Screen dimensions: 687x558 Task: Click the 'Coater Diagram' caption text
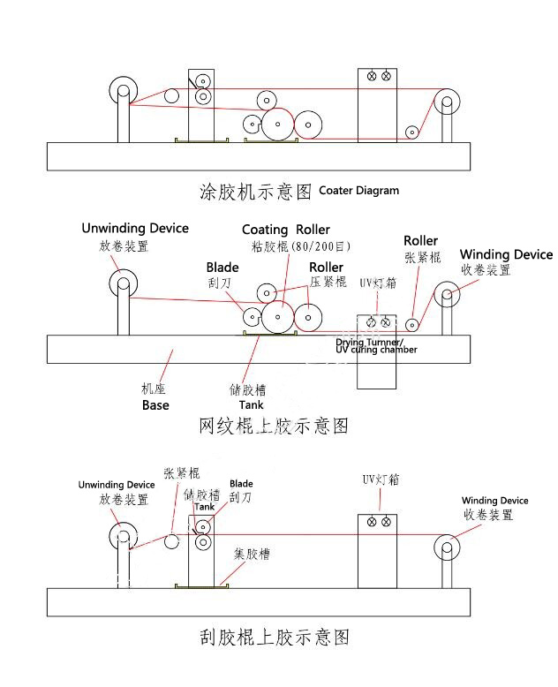358,190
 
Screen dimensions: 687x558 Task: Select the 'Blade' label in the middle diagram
222,268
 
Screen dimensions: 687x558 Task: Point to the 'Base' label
155,405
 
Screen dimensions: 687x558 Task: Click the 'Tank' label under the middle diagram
251,405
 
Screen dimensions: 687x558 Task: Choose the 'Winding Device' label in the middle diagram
506,255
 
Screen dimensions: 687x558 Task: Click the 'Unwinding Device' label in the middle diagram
135,228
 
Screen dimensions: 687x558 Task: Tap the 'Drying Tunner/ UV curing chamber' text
376,346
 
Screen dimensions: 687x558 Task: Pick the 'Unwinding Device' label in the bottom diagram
117,485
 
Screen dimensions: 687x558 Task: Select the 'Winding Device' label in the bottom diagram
494,501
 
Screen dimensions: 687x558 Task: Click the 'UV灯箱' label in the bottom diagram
381,479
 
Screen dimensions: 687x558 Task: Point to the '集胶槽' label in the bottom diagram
252,555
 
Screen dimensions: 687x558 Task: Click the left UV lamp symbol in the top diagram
372,77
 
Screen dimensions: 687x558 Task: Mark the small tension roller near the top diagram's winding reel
411,132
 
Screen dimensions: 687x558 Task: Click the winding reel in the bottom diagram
448,547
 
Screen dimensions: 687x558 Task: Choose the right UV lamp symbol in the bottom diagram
386,522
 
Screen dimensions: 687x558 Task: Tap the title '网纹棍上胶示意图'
274,427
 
